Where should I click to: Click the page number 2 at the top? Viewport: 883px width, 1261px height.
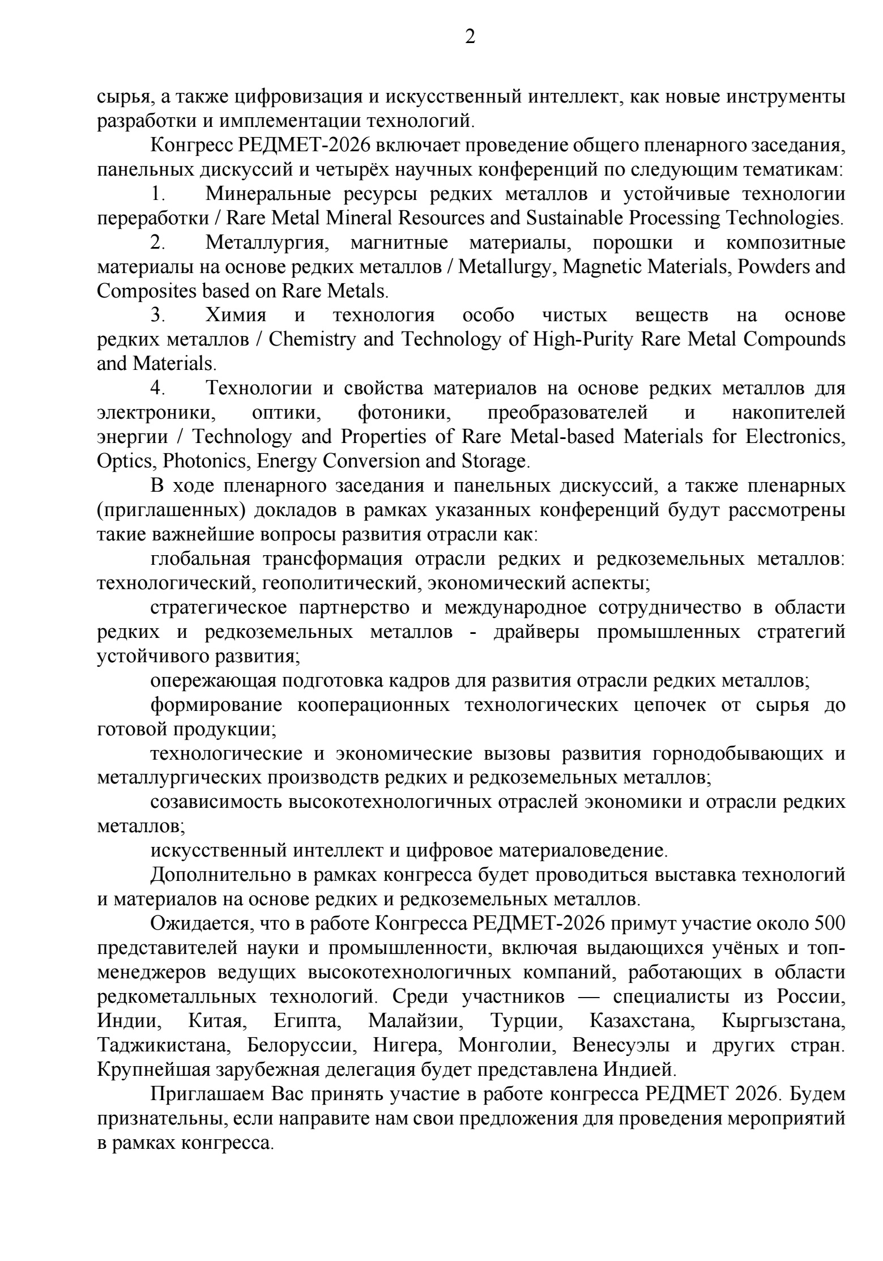[x=470, y=37]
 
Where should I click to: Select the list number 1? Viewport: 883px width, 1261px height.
[x=157, y=194]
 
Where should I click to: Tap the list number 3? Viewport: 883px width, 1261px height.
[x=157, y=316]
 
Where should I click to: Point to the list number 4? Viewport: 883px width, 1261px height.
[x=157, y=389]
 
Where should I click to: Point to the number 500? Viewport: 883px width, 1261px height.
[x=829, y=924]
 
